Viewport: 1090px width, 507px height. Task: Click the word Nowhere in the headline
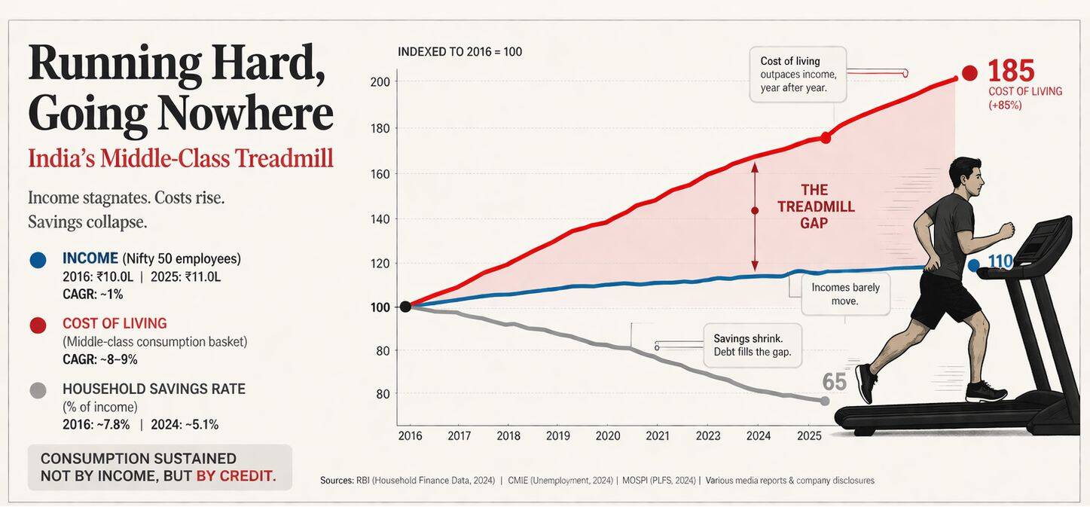pos(245,114)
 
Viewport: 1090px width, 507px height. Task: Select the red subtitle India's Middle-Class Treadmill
pos(180,159)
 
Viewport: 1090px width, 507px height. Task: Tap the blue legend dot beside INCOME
pos(38,260)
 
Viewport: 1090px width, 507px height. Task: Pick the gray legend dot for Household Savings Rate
pos(38,390)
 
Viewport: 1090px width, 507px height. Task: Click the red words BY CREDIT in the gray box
pos(236,476)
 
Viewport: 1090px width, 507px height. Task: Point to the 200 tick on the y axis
pos(380,81)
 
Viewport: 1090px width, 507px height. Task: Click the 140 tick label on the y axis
pos(380,219)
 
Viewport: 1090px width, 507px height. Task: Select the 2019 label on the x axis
pos(558,436)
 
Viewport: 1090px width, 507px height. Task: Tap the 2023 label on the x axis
pos(708,436)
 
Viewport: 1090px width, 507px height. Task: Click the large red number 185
pos(1011,71)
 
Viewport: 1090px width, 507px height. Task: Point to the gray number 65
pos(834,382)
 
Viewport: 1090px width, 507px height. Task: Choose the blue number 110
pos(1000,261)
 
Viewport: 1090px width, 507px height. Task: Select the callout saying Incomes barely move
pos(845,294)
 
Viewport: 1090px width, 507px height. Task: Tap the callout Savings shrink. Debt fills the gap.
pos(752,345)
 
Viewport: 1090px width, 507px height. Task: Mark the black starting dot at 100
pos(405,307)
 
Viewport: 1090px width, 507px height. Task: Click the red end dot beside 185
pos(969,73)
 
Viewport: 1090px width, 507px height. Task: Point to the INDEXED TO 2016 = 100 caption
pos(460,52)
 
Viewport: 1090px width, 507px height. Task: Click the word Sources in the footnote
pos(336,481)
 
